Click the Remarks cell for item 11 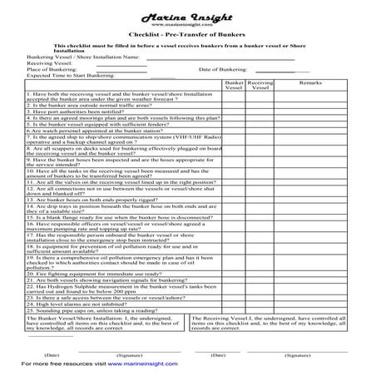click(x=310, y=205)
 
